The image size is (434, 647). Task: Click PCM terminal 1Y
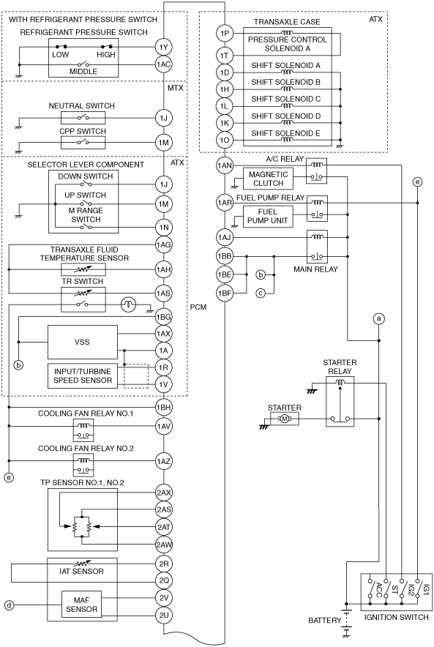(164, 47)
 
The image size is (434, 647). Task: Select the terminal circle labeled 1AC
(164, 64)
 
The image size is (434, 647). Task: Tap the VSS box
(83, 342)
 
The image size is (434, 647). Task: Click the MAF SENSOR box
(82, 605)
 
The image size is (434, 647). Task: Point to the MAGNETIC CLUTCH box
(268, 179)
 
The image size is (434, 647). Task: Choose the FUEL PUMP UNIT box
(267, 216)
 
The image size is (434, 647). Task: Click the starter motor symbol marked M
(284, 419)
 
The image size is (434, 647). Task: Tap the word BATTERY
(325, 620)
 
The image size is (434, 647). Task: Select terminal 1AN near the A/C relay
(225, 166)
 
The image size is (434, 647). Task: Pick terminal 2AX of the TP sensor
(164, 493)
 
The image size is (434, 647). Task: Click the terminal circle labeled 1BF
(225, 293)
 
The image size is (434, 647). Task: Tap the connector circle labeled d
(9, 606)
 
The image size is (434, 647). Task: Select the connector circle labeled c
(261, 293)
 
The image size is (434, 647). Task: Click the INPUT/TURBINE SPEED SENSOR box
(83, 376)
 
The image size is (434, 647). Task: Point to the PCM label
(198, 307)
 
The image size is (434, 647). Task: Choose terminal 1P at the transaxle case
(225, 33)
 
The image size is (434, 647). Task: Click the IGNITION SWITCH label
(396, 617)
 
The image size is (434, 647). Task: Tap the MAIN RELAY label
(315, 269)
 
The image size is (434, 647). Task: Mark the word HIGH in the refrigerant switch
(106, 54)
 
